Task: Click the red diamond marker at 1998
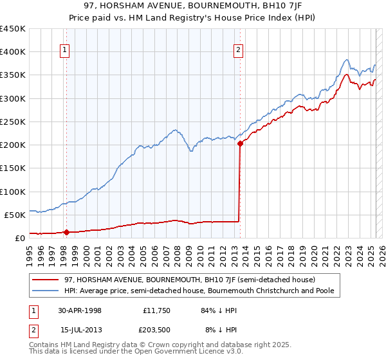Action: pos(66,232)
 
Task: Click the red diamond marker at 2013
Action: pos(240,143)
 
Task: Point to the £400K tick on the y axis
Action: pos(13,52)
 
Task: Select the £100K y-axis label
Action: pos(13,192)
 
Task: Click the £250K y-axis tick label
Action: pos(13,122)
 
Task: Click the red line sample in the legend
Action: pos(46,280)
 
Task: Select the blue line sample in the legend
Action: pos(46,291)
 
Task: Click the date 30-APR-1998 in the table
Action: pos(80,310)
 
